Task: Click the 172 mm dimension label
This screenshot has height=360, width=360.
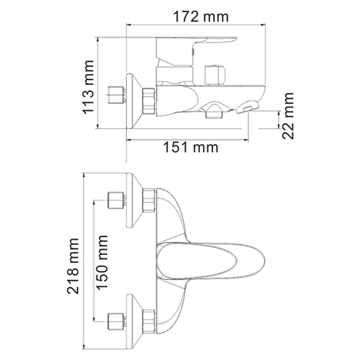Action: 201,17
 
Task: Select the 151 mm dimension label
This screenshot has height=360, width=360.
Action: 190,147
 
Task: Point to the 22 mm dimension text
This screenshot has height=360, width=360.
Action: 288,116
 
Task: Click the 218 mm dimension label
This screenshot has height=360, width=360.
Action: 73,266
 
